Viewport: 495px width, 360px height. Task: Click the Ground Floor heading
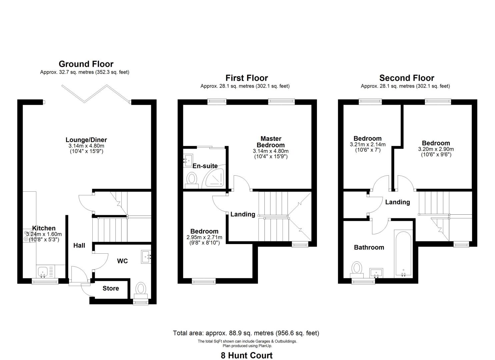86,64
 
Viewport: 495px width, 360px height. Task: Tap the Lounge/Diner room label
86,140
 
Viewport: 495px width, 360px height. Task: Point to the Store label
111,288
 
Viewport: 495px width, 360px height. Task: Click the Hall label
79,246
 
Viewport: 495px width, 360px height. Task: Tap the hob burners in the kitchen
29,236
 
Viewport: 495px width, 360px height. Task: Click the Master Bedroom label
271,142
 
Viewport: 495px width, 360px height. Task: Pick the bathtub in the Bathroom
403,253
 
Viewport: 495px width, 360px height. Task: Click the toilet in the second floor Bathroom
357,270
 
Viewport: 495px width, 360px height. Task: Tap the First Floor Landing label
243,214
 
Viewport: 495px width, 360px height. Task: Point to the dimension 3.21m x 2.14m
368,145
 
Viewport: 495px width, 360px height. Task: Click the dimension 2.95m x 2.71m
204,237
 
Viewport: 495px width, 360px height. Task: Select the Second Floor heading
407,78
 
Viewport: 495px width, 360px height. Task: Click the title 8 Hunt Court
247,355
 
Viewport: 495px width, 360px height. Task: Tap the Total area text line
246,333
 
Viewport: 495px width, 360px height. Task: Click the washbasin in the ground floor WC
146,257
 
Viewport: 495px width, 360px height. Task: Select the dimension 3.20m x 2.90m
436,149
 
